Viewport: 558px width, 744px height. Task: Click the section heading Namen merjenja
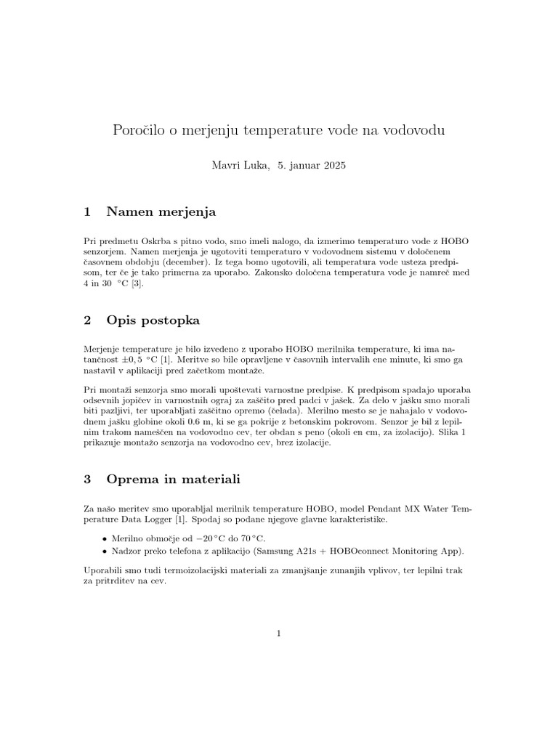pyautogui.click(x=161, y=212)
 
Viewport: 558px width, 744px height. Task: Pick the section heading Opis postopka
pyautogui.click(x=153, y=320)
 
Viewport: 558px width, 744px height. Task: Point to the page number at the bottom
pyautogui.click(x=278, y=634)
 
